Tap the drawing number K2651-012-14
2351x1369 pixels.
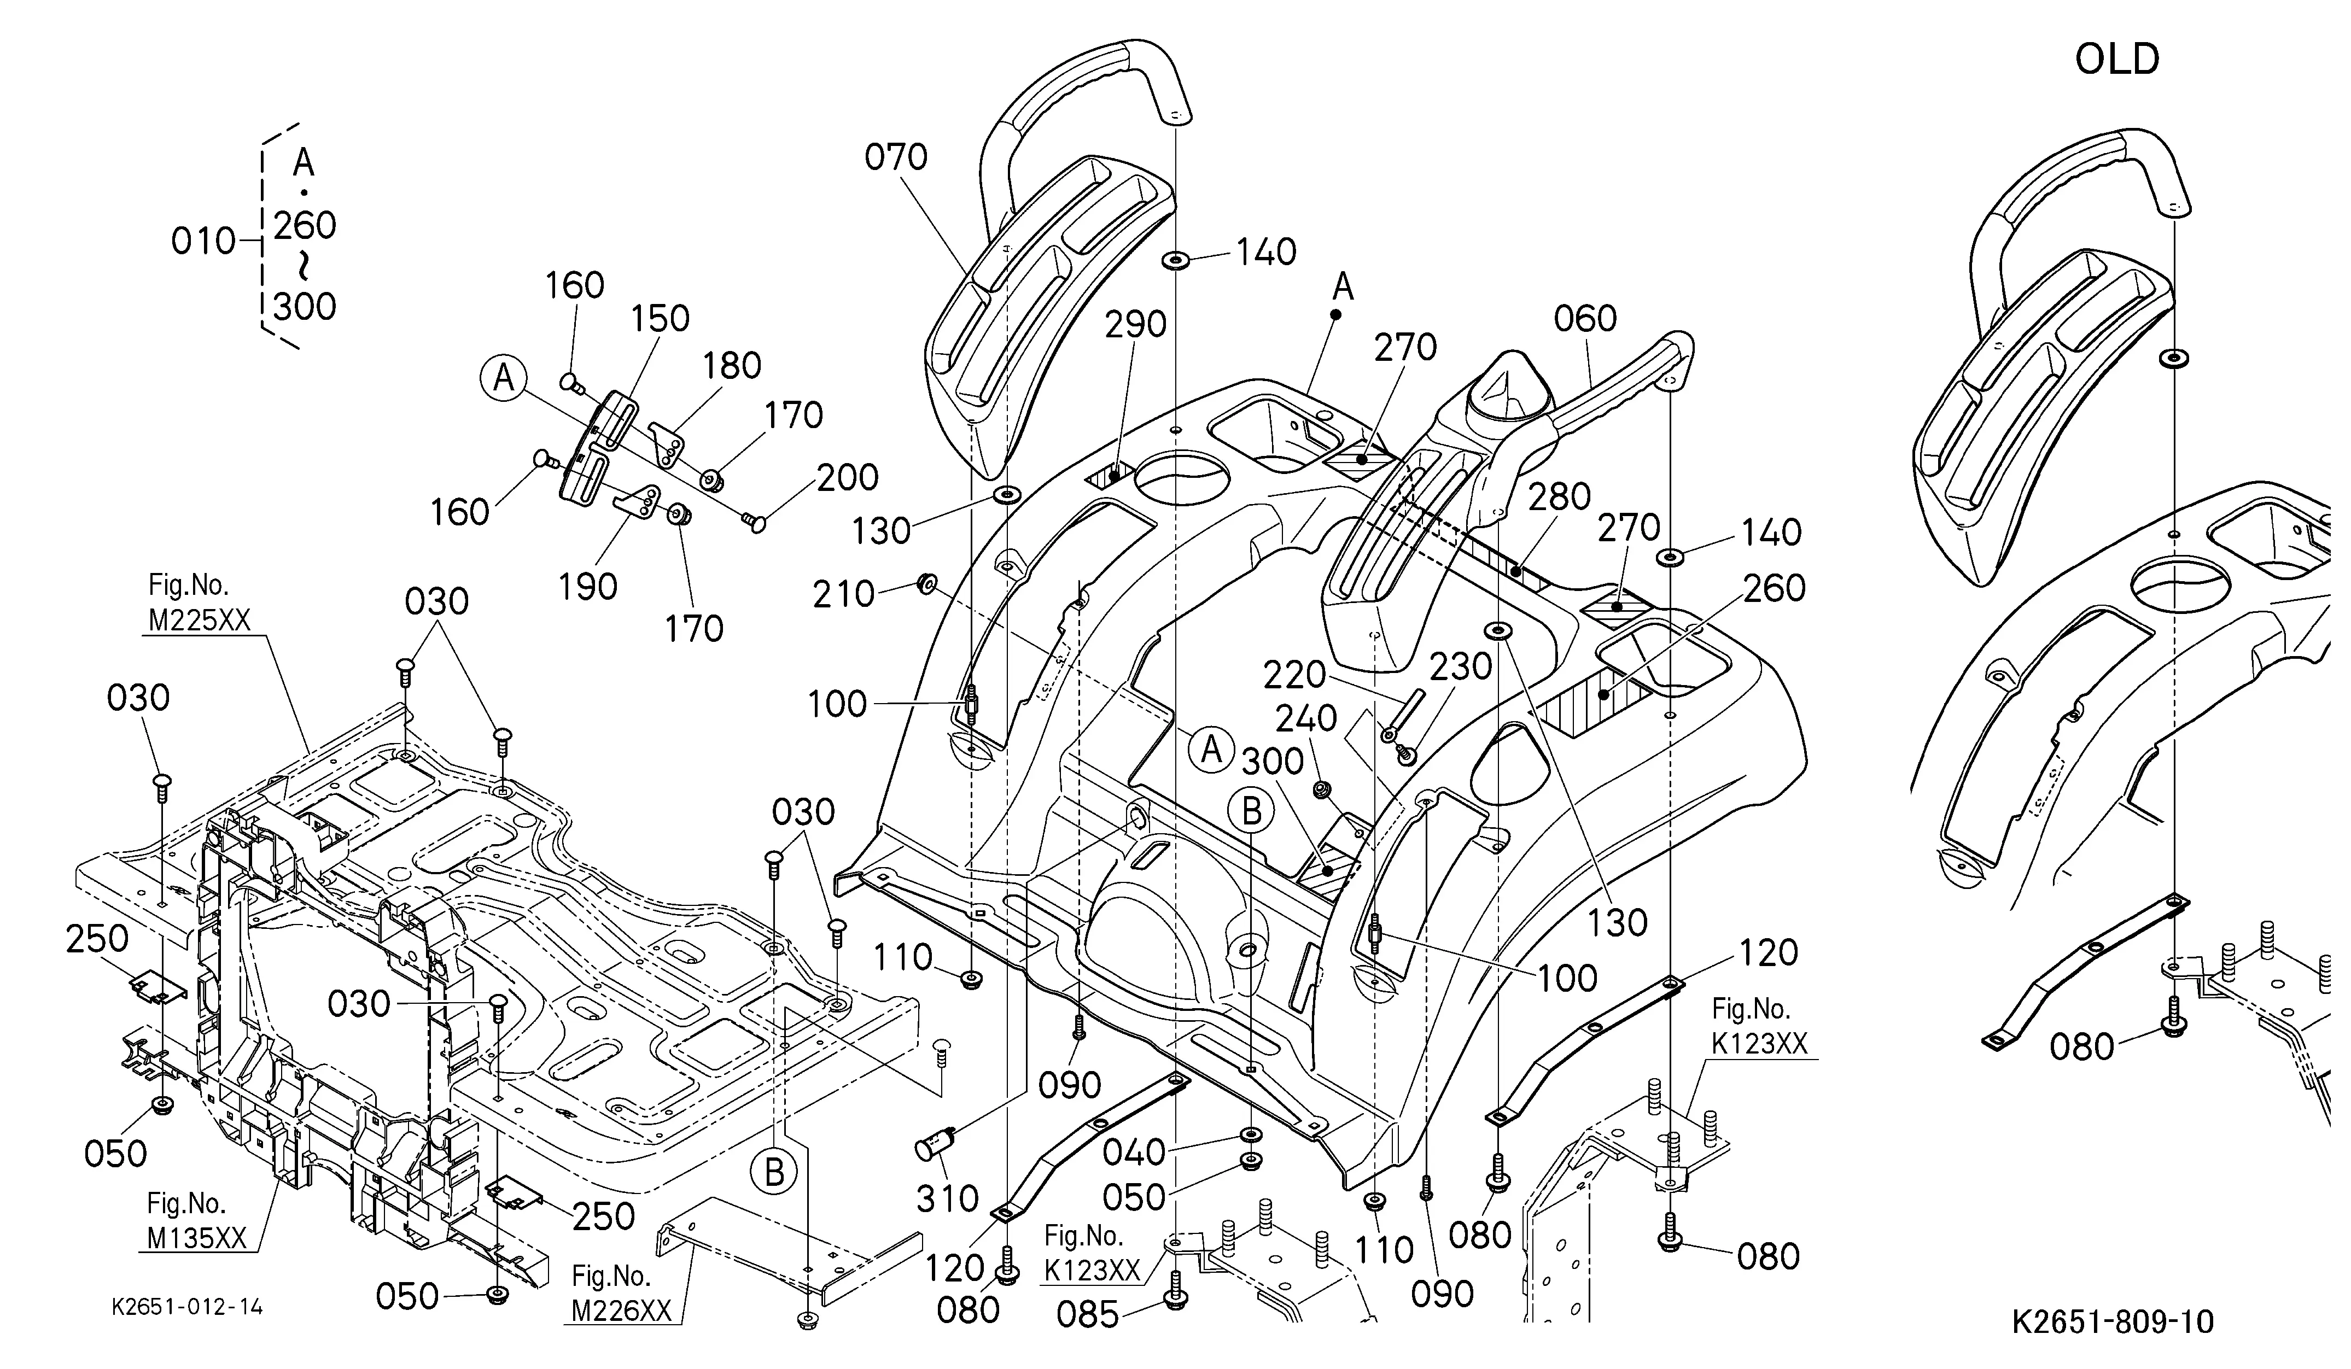point(188,1307)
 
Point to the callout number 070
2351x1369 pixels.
point(896,157)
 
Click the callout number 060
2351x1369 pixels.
point(1585,319)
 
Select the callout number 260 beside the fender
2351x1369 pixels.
point(1774,588)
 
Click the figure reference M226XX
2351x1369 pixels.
point(621,1311)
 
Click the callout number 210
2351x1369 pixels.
point(843,594)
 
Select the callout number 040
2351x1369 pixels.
point(1134,1152)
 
